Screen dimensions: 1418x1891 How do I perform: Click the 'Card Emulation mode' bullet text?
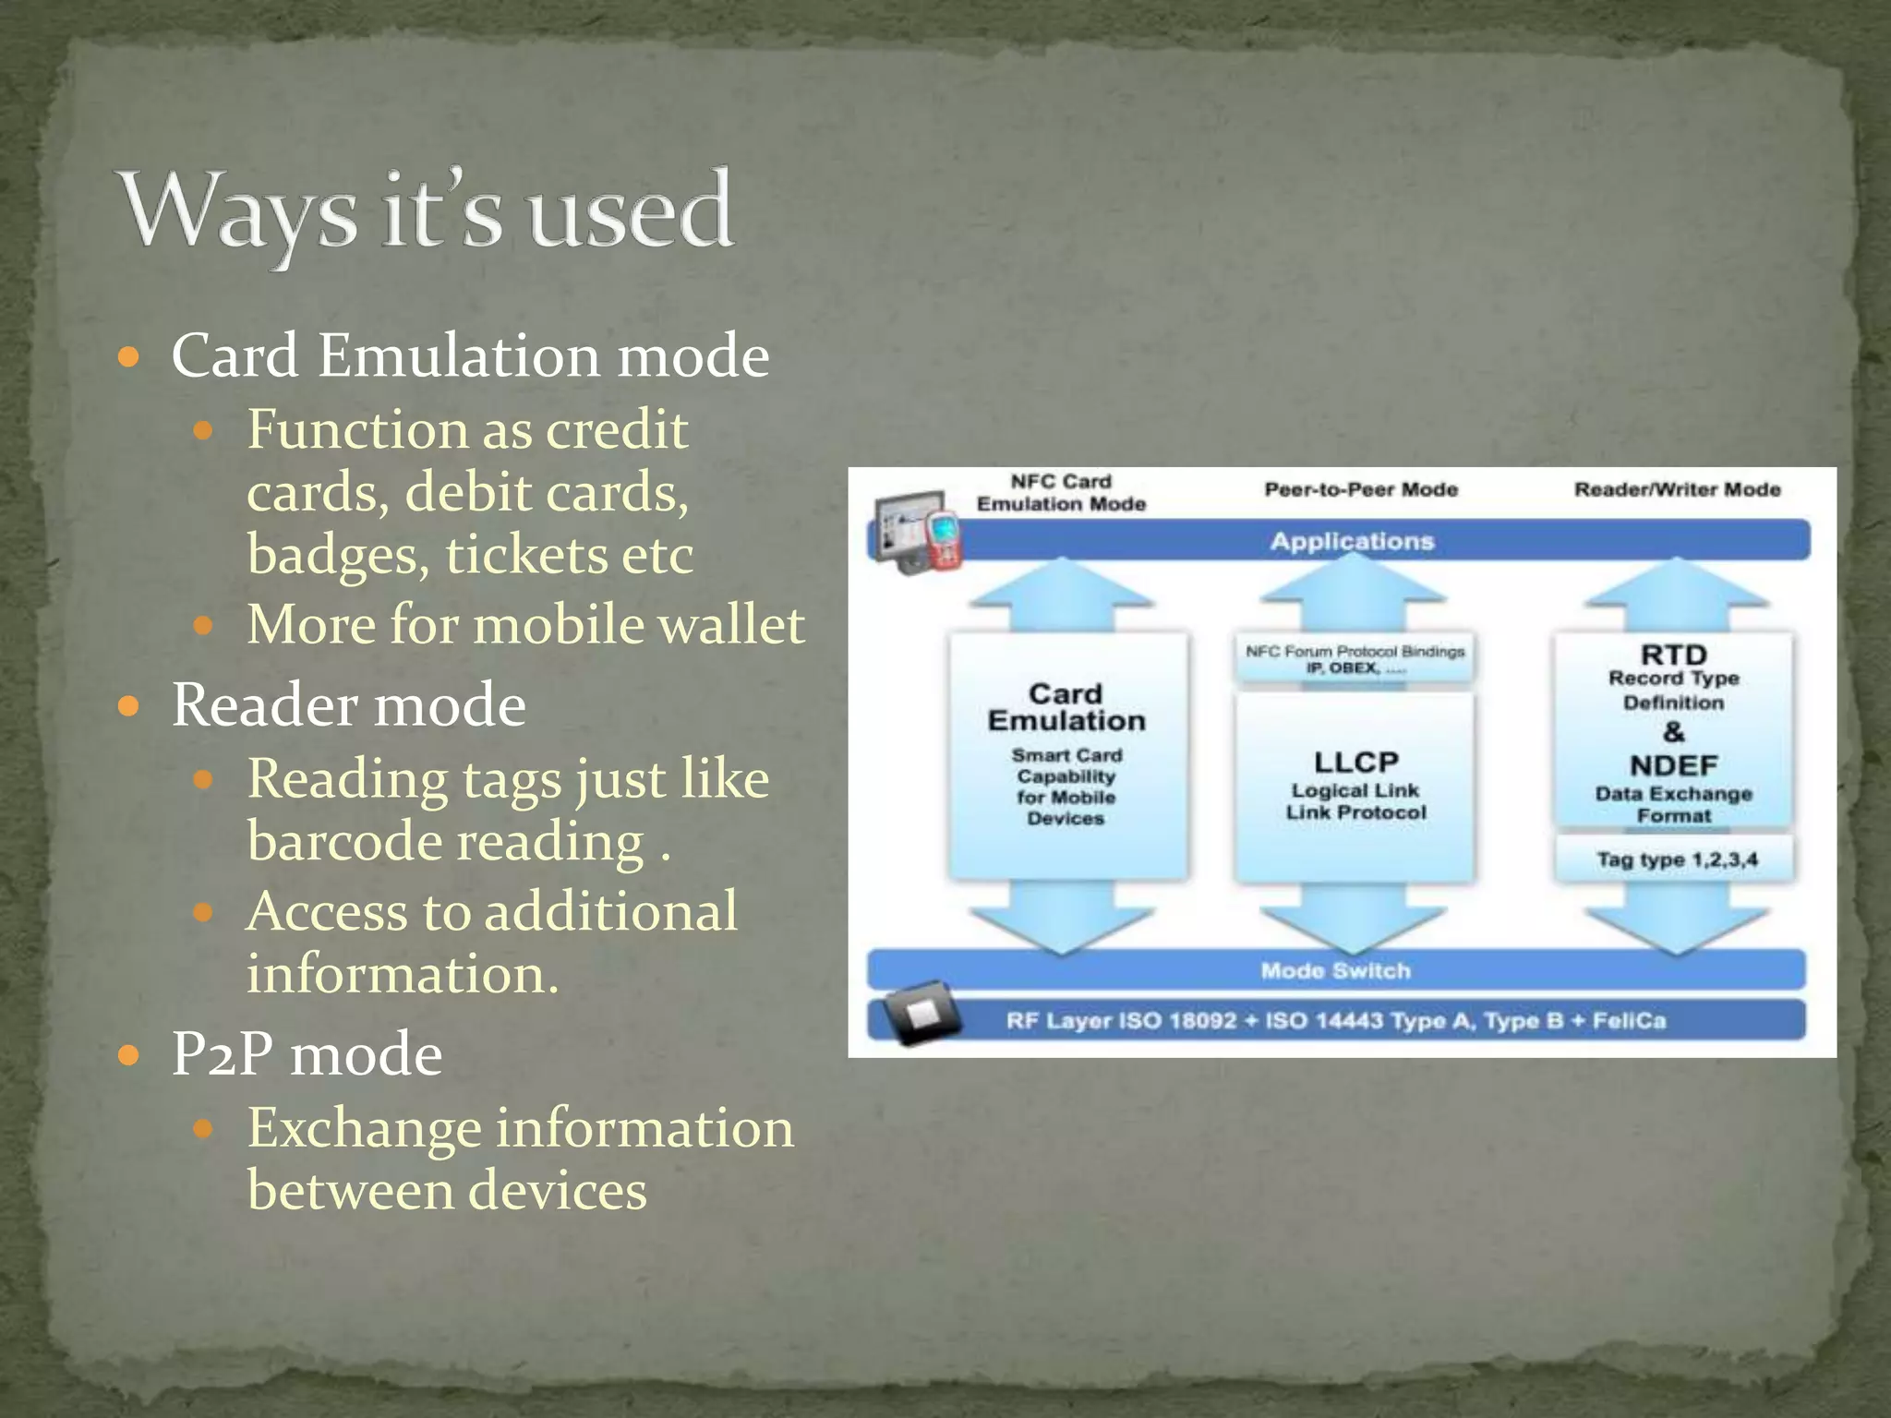coord(470,355)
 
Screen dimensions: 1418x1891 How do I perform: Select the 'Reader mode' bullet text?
coord(349,705)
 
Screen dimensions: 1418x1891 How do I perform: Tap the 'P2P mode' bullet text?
coord(307,1054)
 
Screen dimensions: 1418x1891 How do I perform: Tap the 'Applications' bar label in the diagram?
coord(1352,541)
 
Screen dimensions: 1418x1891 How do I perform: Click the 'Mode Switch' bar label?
coord(1335,970)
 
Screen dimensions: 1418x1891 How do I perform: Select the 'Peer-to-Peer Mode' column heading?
coord(1361,489)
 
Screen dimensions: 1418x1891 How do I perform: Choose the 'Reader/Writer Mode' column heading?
coord(1677,489)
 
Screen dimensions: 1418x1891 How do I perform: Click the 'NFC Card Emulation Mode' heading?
coord(1062,493)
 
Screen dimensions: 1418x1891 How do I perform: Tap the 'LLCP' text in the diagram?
coord(1355,762)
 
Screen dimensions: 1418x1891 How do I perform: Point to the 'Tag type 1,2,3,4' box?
coord(1677,859)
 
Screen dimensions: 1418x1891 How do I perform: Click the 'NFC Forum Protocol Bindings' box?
coord(1355,659)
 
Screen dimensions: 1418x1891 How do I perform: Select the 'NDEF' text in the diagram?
coord(1673,765)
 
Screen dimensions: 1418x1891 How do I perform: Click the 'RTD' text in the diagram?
coord(1673,655)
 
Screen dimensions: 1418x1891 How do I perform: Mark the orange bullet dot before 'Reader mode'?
coord(129,707)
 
